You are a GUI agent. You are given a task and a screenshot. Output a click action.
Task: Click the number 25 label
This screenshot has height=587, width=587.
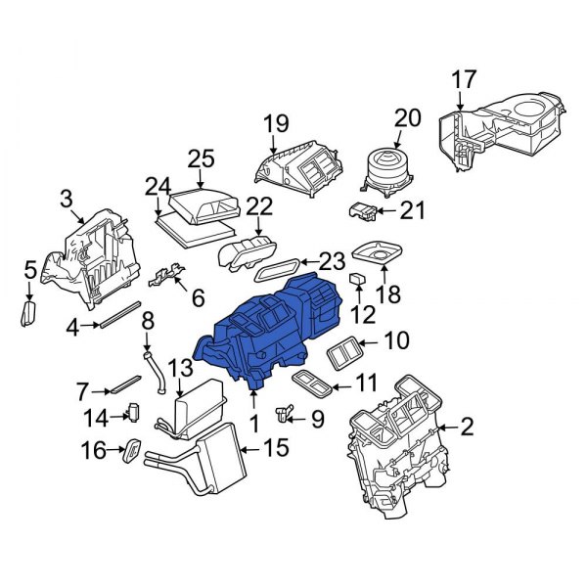(200, 158)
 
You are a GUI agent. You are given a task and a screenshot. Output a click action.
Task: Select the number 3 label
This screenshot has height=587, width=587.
(67, 200)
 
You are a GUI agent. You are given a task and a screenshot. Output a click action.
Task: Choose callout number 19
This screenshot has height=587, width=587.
(275, 123)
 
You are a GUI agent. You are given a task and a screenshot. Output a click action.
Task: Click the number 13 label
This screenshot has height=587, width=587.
(180, 368)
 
